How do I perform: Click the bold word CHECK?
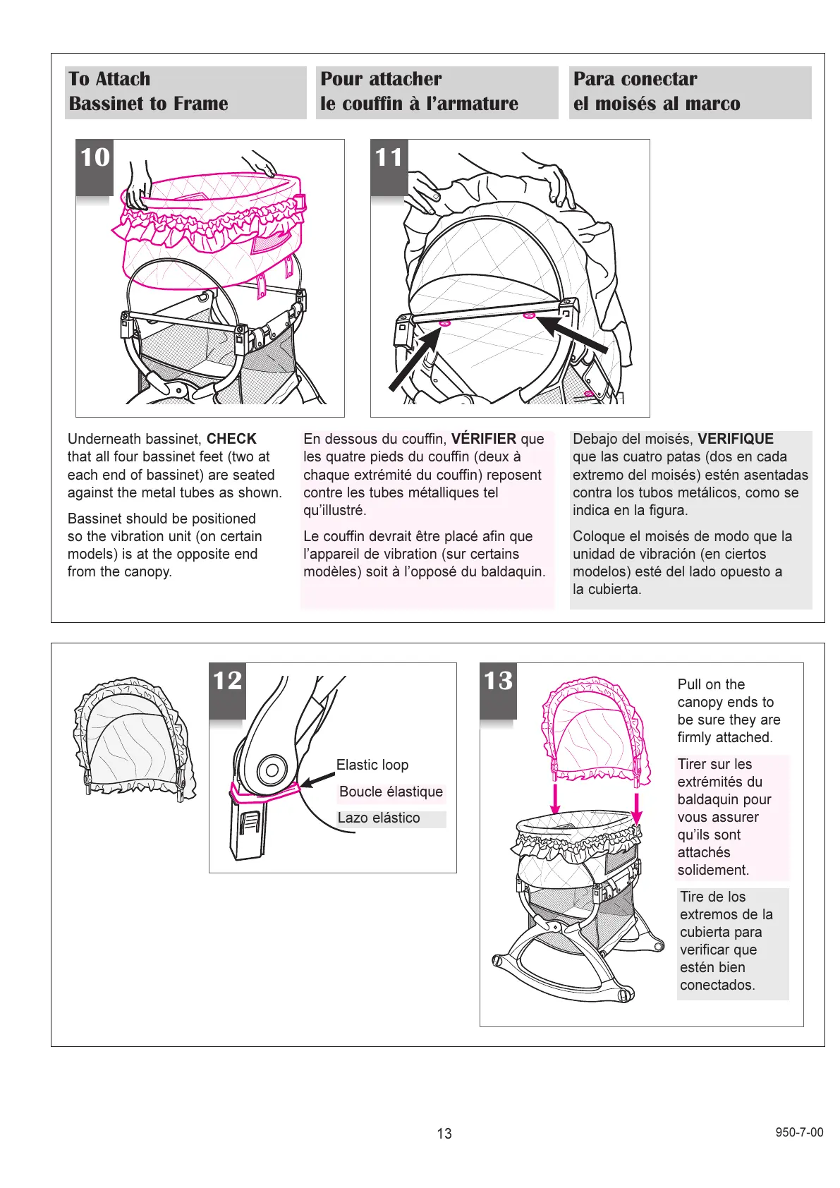click(x=231, y=439)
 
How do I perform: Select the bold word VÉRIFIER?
click(x=483, y=439)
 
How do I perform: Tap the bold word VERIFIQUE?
click(x=735, y=439)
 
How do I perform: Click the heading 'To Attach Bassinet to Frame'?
click(x=148, y=92)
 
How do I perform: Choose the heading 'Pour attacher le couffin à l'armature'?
click(x=419, y=92)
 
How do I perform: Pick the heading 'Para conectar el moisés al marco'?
click(x=657, y=92)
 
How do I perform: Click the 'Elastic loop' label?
click(x=372, y=765)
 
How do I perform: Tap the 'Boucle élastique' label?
click(x=391, y=792)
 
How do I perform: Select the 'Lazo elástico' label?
click(x=379, y=818)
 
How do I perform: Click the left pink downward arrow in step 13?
click(x=556, y=797)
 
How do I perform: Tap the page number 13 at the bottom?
click(x=444, y=1134)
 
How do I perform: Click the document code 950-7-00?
click(x=799, y=1132)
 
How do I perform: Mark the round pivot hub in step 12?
click(x=270, y=770)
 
